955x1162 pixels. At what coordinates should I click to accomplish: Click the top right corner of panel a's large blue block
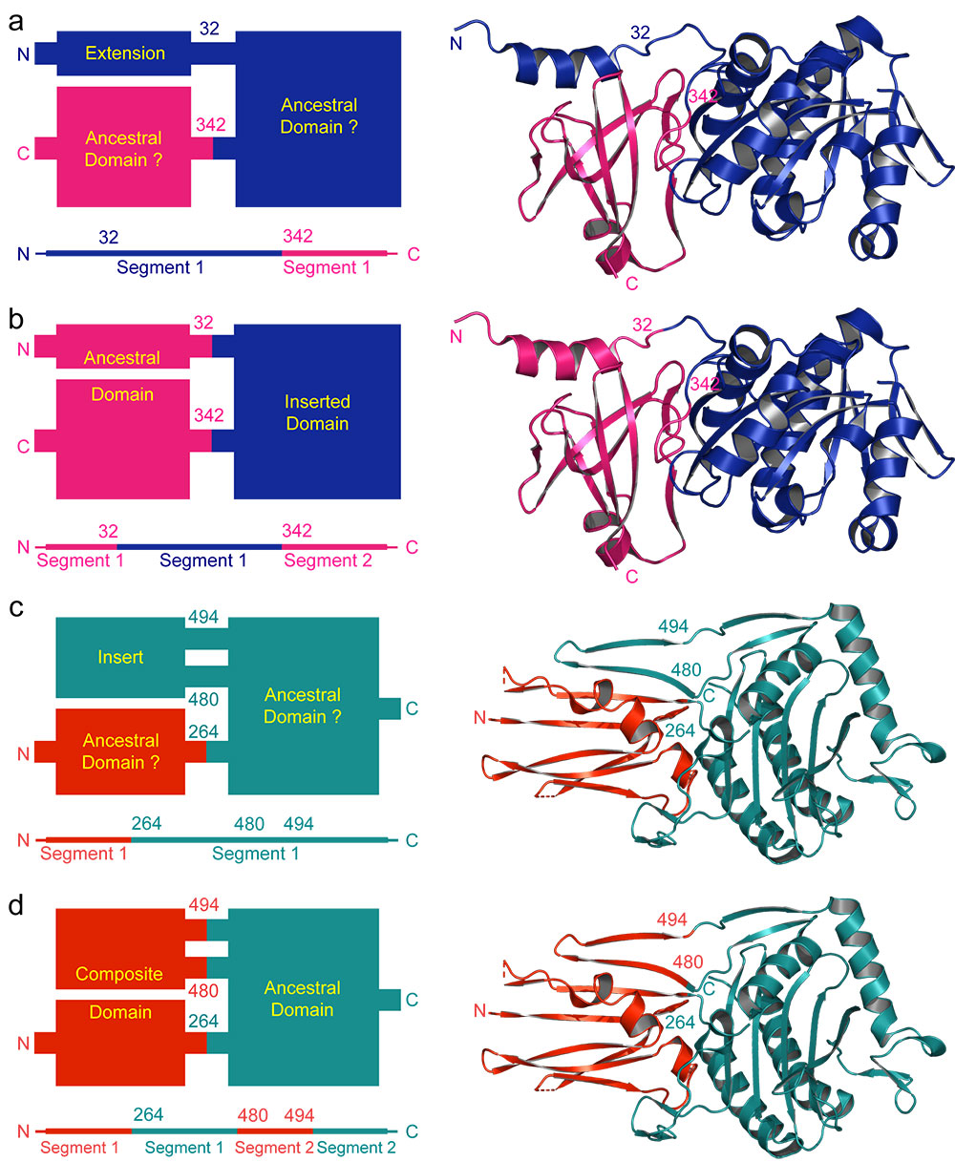click(401, 32)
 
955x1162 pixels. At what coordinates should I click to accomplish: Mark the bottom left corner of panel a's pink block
click(56, 206)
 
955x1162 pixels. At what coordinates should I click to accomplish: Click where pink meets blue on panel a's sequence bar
click(282, 253)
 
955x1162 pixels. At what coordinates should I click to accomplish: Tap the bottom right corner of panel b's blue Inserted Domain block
click(401, 498)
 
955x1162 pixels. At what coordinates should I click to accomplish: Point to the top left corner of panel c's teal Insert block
click(56, 618)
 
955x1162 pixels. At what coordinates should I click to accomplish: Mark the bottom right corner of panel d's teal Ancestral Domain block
click(378, 1086)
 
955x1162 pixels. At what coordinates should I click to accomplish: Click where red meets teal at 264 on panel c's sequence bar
click(131, 839)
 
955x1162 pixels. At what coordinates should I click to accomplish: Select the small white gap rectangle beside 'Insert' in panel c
click(206, 657)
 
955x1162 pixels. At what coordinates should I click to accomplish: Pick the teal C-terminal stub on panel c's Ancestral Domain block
click(390, 708)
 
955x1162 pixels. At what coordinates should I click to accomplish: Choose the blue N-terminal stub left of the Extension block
click(46, 53)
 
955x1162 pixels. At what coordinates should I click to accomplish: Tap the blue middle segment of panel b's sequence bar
click(199, 546)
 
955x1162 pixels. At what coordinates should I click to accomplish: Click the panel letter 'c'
click(16, 607)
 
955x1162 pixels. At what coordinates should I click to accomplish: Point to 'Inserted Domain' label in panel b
click(317, 412)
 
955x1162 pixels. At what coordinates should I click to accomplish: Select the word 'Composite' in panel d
click(119, 974)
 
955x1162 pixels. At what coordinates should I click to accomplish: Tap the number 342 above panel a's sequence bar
click(298, 236)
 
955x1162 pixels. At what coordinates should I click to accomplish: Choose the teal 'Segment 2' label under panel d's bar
click(356, 1147)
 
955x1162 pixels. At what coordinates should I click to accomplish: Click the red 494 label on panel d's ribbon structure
click(672, 919)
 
